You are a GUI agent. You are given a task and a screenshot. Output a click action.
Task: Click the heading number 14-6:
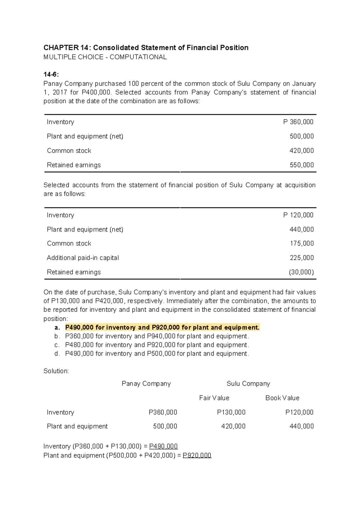(x=51, y=74)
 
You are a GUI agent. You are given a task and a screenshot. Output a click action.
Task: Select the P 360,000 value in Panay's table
(x=298, y=122)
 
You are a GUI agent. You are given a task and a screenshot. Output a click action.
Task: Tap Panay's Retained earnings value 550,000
(x=301, y=165)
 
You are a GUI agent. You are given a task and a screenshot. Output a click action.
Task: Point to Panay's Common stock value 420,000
(x=301, y=151)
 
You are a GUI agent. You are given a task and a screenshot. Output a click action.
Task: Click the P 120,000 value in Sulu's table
(x=298, y=215)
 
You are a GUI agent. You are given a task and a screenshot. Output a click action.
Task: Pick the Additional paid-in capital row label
(x=83, y=258)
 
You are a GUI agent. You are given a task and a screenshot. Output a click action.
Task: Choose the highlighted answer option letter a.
(x=57, y=327)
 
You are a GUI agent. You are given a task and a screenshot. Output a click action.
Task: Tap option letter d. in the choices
(x=57, y=354)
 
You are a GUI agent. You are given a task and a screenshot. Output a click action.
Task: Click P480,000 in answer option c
(x=79, y=345)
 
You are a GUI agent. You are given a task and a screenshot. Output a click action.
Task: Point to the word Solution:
(x=56, y=371)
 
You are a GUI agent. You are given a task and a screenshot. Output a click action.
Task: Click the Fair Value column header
(x=214, y=398)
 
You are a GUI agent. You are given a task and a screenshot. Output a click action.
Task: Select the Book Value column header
(x=282, y=398)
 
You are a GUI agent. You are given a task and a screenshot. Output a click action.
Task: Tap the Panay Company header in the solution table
(x=146, y=384)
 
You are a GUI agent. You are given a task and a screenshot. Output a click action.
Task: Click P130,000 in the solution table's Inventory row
(x=231, y=412)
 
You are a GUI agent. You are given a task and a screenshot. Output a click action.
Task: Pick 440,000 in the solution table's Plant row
(x=301, y=426)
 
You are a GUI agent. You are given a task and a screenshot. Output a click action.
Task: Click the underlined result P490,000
(x=163, y=446)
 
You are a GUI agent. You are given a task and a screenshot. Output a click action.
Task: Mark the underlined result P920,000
(x=197, y=455)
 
